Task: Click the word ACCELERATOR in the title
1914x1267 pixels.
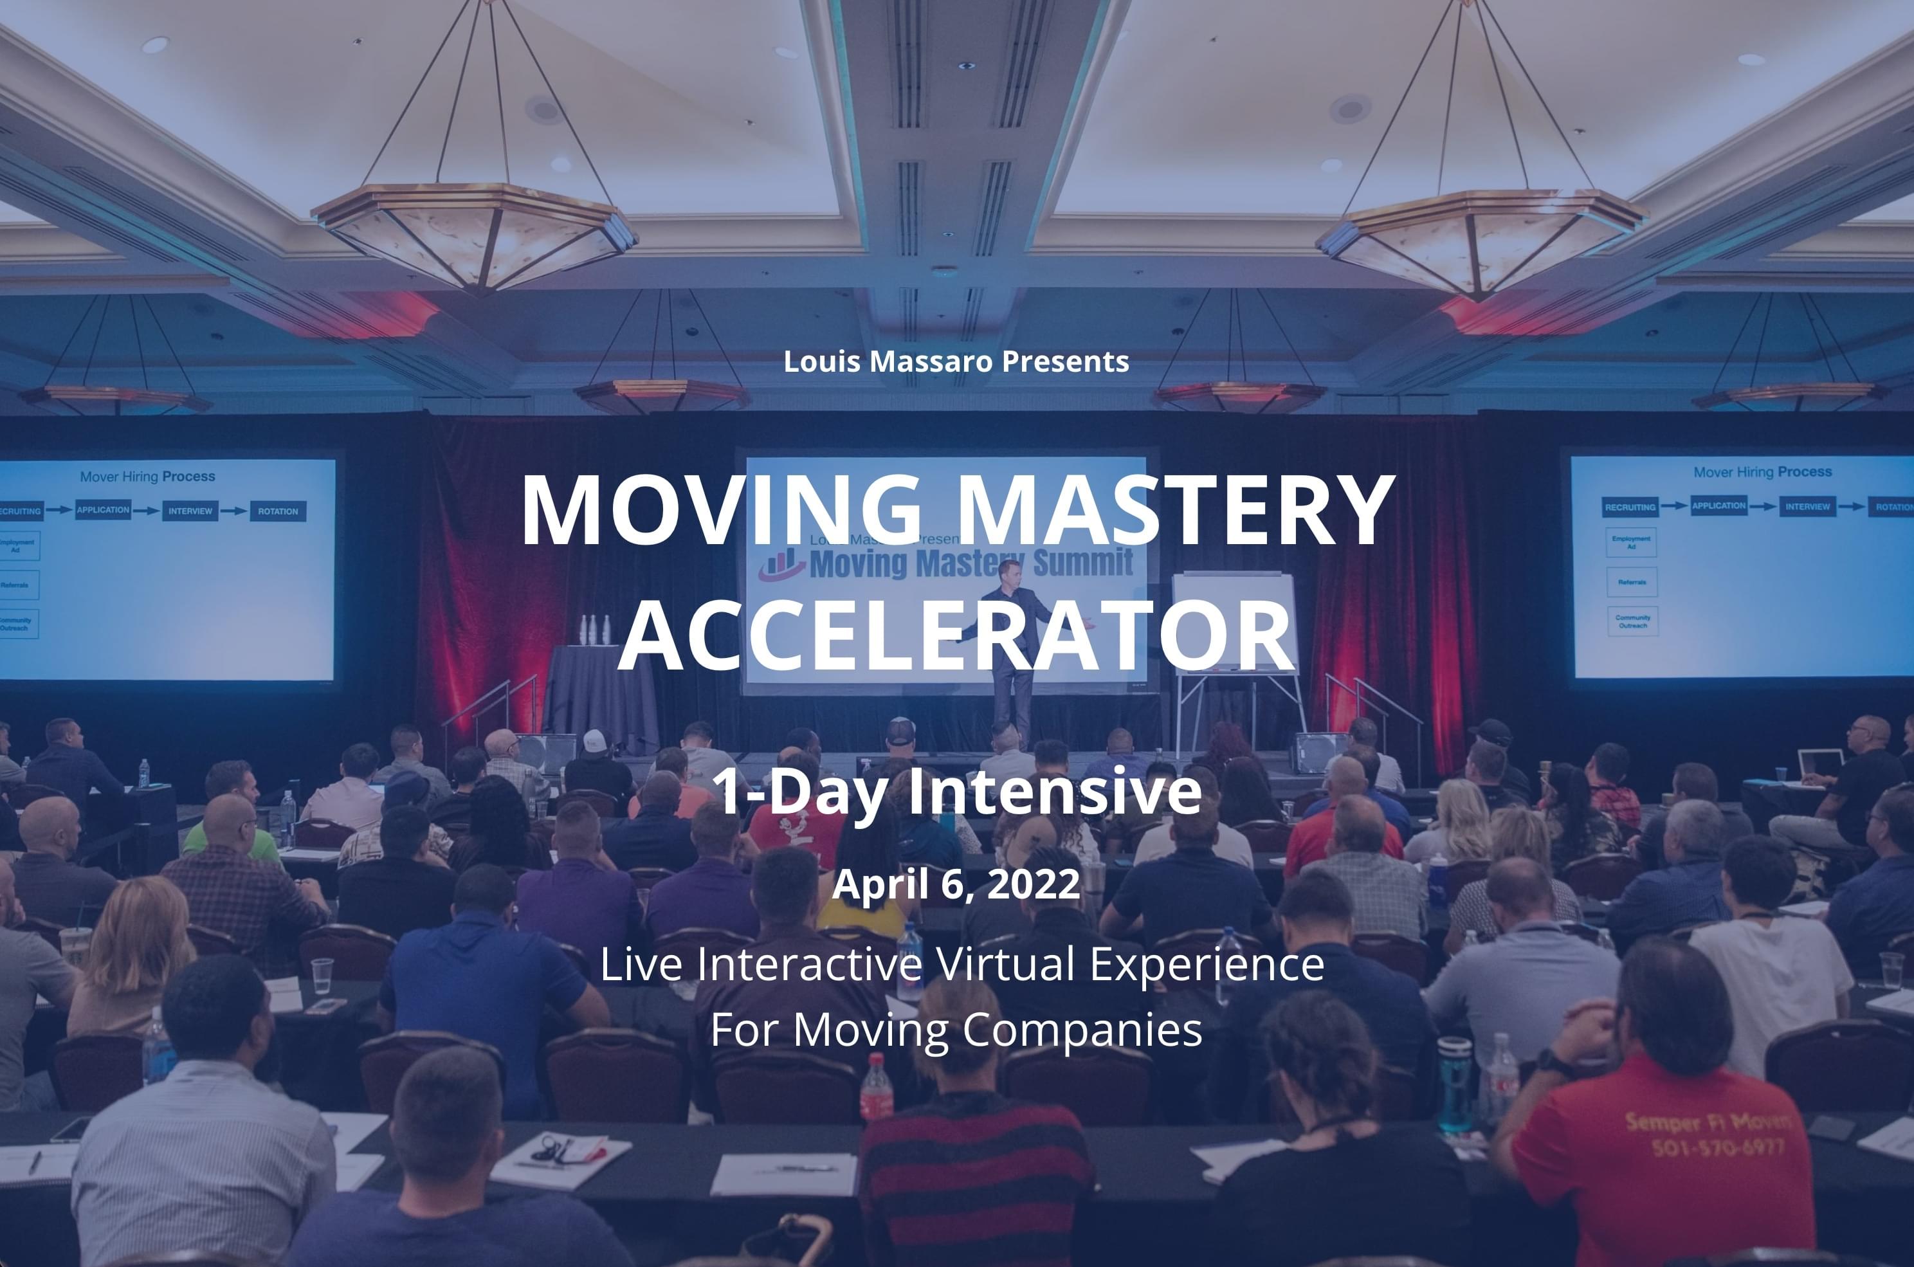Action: [x=956, y=636]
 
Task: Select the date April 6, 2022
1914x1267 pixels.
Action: [x=956, y=883]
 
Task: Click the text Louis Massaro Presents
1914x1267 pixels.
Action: [x=956, y=361]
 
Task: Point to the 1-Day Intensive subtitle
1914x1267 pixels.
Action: [x=956, y=792]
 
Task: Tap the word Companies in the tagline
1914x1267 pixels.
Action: [x=1082, y=1030]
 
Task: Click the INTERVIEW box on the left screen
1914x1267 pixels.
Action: [x=190, y=511]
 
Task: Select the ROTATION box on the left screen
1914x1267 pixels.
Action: [x=278, y=511]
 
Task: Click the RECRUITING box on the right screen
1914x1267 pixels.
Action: [x=1630, y=507]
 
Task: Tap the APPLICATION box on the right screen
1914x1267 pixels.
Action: [x=1718, y=506]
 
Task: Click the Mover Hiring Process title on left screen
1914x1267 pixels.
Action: [x=147, y=477]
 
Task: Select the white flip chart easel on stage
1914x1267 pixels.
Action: [x=1234, y=622]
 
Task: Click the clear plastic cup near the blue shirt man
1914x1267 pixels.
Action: [x=322, y=974]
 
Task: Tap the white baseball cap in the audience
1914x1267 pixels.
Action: [x=595, y=740]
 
